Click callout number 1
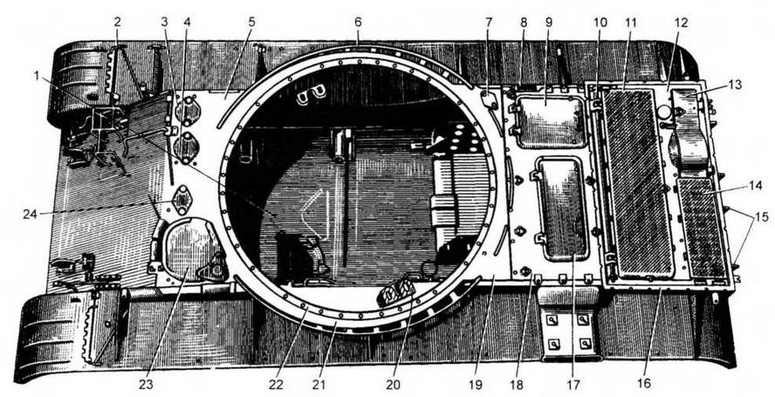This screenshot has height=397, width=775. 36,76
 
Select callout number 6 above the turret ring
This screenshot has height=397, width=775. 359,23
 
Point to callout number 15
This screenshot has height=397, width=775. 761,216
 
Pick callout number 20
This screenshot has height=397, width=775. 393,385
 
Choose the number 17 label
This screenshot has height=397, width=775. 573,385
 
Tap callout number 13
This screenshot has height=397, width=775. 735,85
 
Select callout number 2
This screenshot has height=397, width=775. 117,23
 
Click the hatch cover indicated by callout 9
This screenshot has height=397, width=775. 550,121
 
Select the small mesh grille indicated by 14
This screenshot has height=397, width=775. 702,229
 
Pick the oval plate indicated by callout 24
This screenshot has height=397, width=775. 182,200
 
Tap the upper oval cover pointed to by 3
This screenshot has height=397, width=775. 189,111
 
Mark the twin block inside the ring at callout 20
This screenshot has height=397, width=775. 394,293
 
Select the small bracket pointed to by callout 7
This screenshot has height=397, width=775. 490,100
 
